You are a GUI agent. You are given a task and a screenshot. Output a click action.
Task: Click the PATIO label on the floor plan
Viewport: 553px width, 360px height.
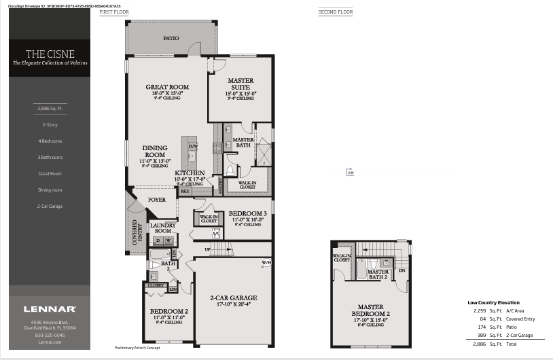click(171, 38)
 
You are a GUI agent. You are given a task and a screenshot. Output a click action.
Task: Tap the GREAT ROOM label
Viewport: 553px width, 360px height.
click(167, 87)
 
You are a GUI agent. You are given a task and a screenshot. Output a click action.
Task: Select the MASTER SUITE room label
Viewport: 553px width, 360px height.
click(240, 84)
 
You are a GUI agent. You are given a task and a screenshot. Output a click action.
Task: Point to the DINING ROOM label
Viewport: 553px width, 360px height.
click(155, 151)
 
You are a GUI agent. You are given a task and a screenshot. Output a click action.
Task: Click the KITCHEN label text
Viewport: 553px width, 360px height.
click(190, 173)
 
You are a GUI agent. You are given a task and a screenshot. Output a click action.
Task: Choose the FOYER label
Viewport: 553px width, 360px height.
click(157, 200)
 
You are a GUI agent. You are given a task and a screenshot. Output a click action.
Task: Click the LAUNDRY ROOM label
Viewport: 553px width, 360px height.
click(162, 228)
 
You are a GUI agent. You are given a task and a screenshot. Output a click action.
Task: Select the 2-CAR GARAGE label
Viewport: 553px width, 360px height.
click(233, 298)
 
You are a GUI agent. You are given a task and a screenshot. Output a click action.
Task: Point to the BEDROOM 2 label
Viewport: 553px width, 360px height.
click(168, 312)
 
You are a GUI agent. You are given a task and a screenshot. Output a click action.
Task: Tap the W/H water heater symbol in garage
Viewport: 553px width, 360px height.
click(266, 263)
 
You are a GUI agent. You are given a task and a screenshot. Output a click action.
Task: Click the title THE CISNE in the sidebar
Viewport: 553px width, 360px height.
click(50, 54)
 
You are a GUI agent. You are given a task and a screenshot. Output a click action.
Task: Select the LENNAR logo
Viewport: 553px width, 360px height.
click(50, 309)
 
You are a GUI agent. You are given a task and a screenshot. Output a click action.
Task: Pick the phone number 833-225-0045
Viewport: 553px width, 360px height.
click(50, 335)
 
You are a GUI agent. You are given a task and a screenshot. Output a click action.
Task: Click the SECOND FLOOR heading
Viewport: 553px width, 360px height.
click(336, 12)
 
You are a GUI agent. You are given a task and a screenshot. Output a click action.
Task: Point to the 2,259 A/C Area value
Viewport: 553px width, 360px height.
click(480, 310)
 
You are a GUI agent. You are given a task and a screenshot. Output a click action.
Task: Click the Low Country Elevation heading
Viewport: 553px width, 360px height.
click(493, 302)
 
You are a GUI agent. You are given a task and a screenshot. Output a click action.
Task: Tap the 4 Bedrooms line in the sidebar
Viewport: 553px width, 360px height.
click(50, 141)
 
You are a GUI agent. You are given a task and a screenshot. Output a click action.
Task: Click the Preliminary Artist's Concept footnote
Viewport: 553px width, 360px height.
click(137, 347)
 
